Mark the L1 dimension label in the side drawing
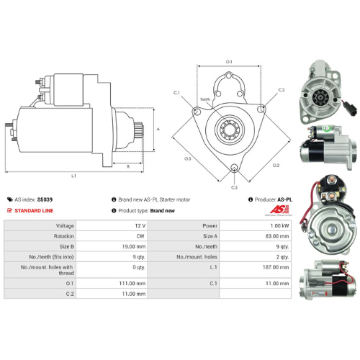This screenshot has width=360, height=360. tap(74, 175)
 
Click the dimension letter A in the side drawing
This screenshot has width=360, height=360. tap(157, 129)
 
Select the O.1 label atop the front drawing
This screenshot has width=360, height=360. tap(229, 62)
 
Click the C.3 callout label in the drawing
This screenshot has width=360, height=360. tap(234, 187)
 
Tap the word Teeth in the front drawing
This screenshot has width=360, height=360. tap(205, 99)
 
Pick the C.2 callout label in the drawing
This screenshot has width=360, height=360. tap(282, 90)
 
